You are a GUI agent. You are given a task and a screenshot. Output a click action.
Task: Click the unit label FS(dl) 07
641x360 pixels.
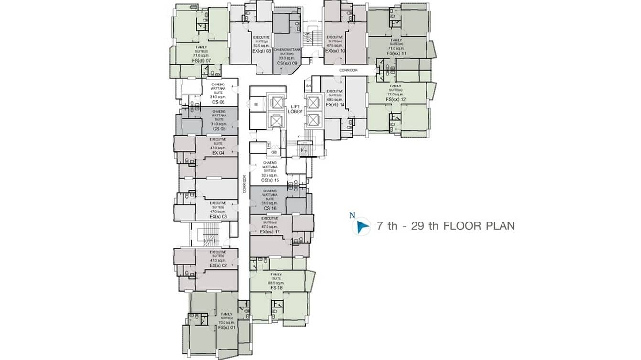(201, 61)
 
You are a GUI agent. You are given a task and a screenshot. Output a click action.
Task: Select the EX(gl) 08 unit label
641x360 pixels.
(262, 50)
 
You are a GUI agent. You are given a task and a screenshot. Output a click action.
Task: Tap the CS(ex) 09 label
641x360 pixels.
(287, 63)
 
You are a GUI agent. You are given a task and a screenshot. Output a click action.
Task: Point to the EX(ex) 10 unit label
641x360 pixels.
(335, 50)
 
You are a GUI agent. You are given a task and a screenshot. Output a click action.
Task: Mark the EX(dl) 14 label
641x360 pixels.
(334, 104)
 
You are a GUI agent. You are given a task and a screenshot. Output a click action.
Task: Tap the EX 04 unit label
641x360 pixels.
(218, 153)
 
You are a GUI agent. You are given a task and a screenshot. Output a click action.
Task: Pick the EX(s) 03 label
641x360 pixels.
(218, 217)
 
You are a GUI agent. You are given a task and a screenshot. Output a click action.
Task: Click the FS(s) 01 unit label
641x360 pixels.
(226, 328)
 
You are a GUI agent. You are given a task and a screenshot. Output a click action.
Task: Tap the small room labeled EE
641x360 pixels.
(256, 104)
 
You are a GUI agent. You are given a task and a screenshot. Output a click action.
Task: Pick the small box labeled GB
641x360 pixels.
(274, 152)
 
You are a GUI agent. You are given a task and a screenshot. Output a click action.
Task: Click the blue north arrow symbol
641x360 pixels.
(362, 226)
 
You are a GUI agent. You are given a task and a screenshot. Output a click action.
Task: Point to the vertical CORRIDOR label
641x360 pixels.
(244, 184)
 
